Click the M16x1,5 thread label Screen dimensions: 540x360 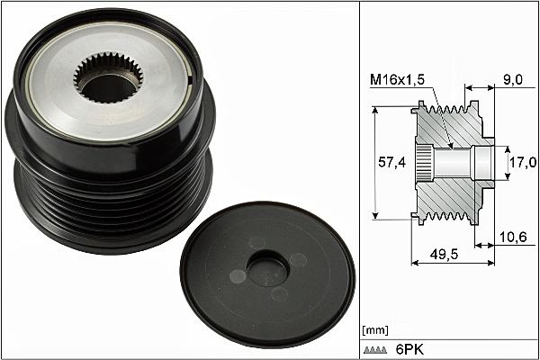[397, 80]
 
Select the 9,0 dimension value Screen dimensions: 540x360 [513, 79]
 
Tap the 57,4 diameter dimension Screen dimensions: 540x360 [391, 162]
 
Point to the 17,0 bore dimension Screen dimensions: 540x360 [523, 162]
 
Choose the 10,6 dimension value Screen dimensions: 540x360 [513, 237]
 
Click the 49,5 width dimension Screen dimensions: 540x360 [445, 254]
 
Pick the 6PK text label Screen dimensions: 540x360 [409, 350]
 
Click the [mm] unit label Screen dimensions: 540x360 [375, 330]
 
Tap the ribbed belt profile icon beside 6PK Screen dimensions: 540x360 [375, 350]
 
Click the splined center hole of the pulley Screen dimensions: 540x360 [108, 78]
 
